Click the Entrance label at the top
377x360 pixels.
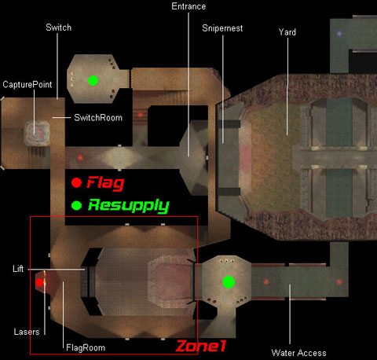click(x=188, y=6)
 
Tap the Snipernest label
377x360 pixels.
click(x=222, y=28)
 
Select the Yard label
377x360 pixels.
click(x=287, y=32)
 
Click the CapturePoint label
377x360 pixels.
click(x=27, y=84)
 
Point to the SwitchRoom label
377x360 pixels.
click(x=98, y=118)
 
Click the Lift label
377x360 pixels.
click(x=18, y=269)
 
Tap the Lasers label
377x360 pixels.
click(x=27, y=332)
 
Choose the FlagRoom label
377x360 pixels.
click(x=86, y=347)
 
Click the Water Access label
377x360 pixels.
click(x=298, y=353)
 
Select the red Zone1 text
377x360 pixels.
click(x=201, y=346)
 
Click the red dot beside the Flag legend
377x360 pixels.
click(x=76, y=182)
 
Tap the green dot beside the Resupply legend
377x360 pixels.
click(x=76, y=206)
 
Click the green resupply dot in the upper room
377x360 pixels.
click(x=93, y=80)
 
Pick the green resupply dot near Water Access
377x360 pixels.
click(x=229, y=282)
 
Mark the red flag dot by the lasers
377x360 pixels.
click(x=39, y=282)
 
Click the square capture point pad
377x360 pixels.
click(x=37, y=134)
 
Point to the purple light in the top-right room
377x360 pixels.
click(x=339, y=34)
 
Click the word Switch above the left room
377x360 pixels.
click(x=58, y=28)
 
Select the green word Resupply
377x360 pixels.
click(x=129, y=206)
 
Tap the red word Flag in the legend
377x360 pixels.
click(x=105, y=183)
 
